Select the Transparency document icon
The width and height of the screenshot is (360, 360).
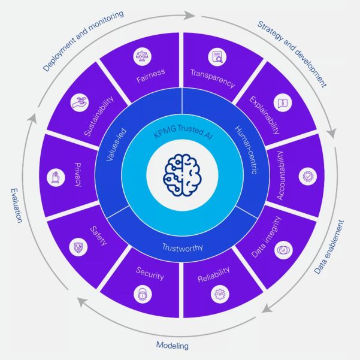216,58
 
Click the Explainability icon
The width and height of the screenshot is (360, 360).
282,102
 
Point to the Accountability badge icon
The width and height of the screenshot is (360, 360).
307,177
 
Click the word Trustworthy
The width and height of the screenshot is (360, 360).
181,246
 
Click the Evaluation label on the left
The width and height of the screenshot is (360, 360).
16,205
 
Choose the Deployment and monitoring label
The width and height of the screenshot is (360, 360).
83,40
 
